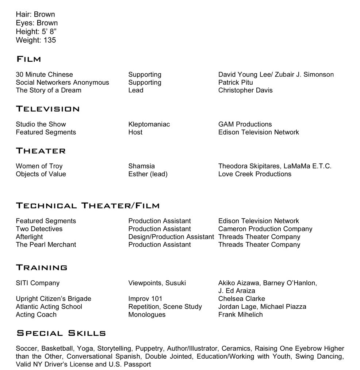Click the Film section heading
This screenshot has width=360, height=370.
point(28,59)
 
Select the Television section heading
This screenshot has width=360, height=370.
point(47,109)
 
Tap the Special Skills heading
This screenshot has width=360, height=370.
point(61,333)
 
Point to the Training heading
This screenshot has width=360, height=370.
point(41,267)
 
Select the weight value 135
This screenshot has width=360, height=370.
point(50,40)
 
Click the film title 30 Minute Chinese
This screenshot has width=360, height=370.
point(44,74)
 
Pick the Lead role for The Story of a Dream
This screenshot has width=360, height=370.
point(135,90)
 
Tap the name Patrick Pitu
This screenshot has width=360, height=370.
point(235,82)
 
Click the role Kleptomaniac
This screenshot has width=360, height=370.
point(149,124)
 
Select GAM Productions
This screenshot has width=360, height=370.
point(245,124)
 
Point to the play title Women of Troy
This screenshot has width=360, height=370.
point(39,166)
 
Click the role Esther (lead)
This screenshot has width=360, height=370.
point(148,174)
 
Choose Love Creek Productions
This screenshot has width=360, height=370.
point(254,174)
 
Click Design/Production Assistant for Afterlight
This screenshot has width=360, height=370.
point(171,237)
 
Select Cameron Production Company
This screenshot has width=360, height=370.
point(265,229)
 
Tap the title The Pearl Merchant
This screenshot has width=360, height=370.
point(46,244)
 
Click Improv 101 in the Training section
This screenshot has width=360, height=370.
point(145,299)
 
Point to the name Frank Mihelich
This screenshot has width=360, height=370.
point(240,315)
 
